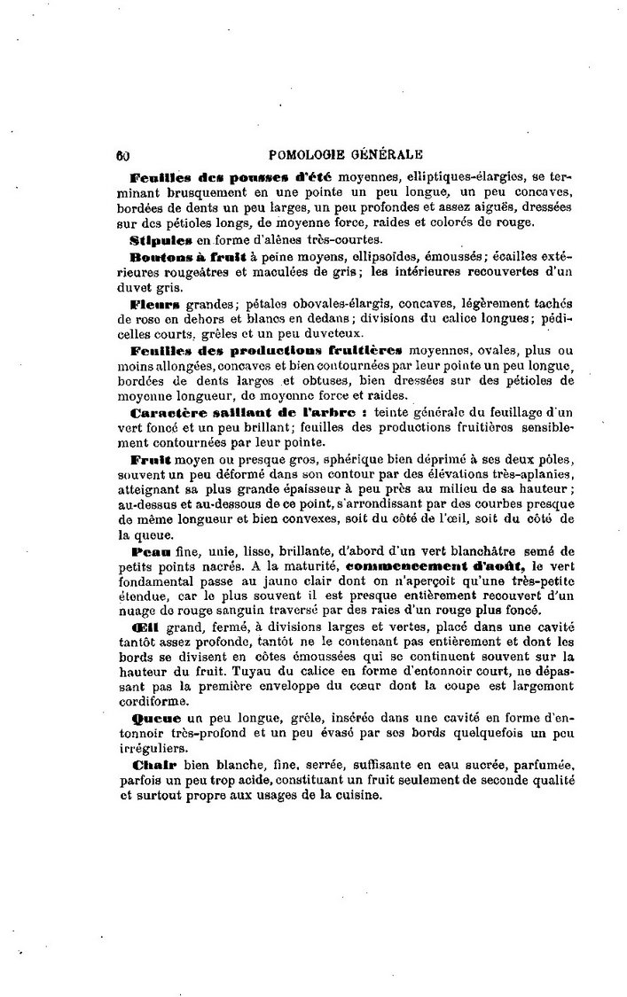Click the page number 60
click(122, 152)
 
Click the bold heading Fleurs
click(155, 303)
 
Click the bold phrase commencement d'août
click(420, 565)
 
